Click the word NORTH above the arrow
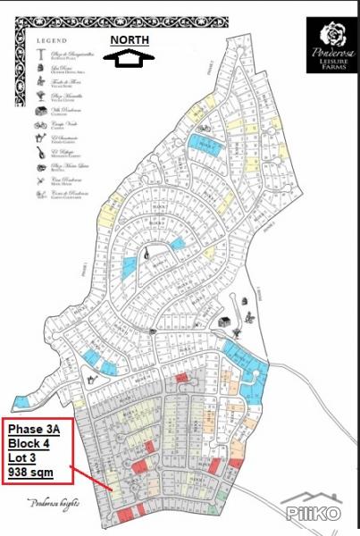(130, 40)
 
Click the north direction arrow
(130, 58)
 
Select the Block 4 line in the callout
(32, 442)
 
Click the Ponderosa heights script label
(54, 502)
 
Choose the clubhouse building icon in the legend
(41, 111)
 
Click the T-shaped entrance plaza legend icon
(41, 55)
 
